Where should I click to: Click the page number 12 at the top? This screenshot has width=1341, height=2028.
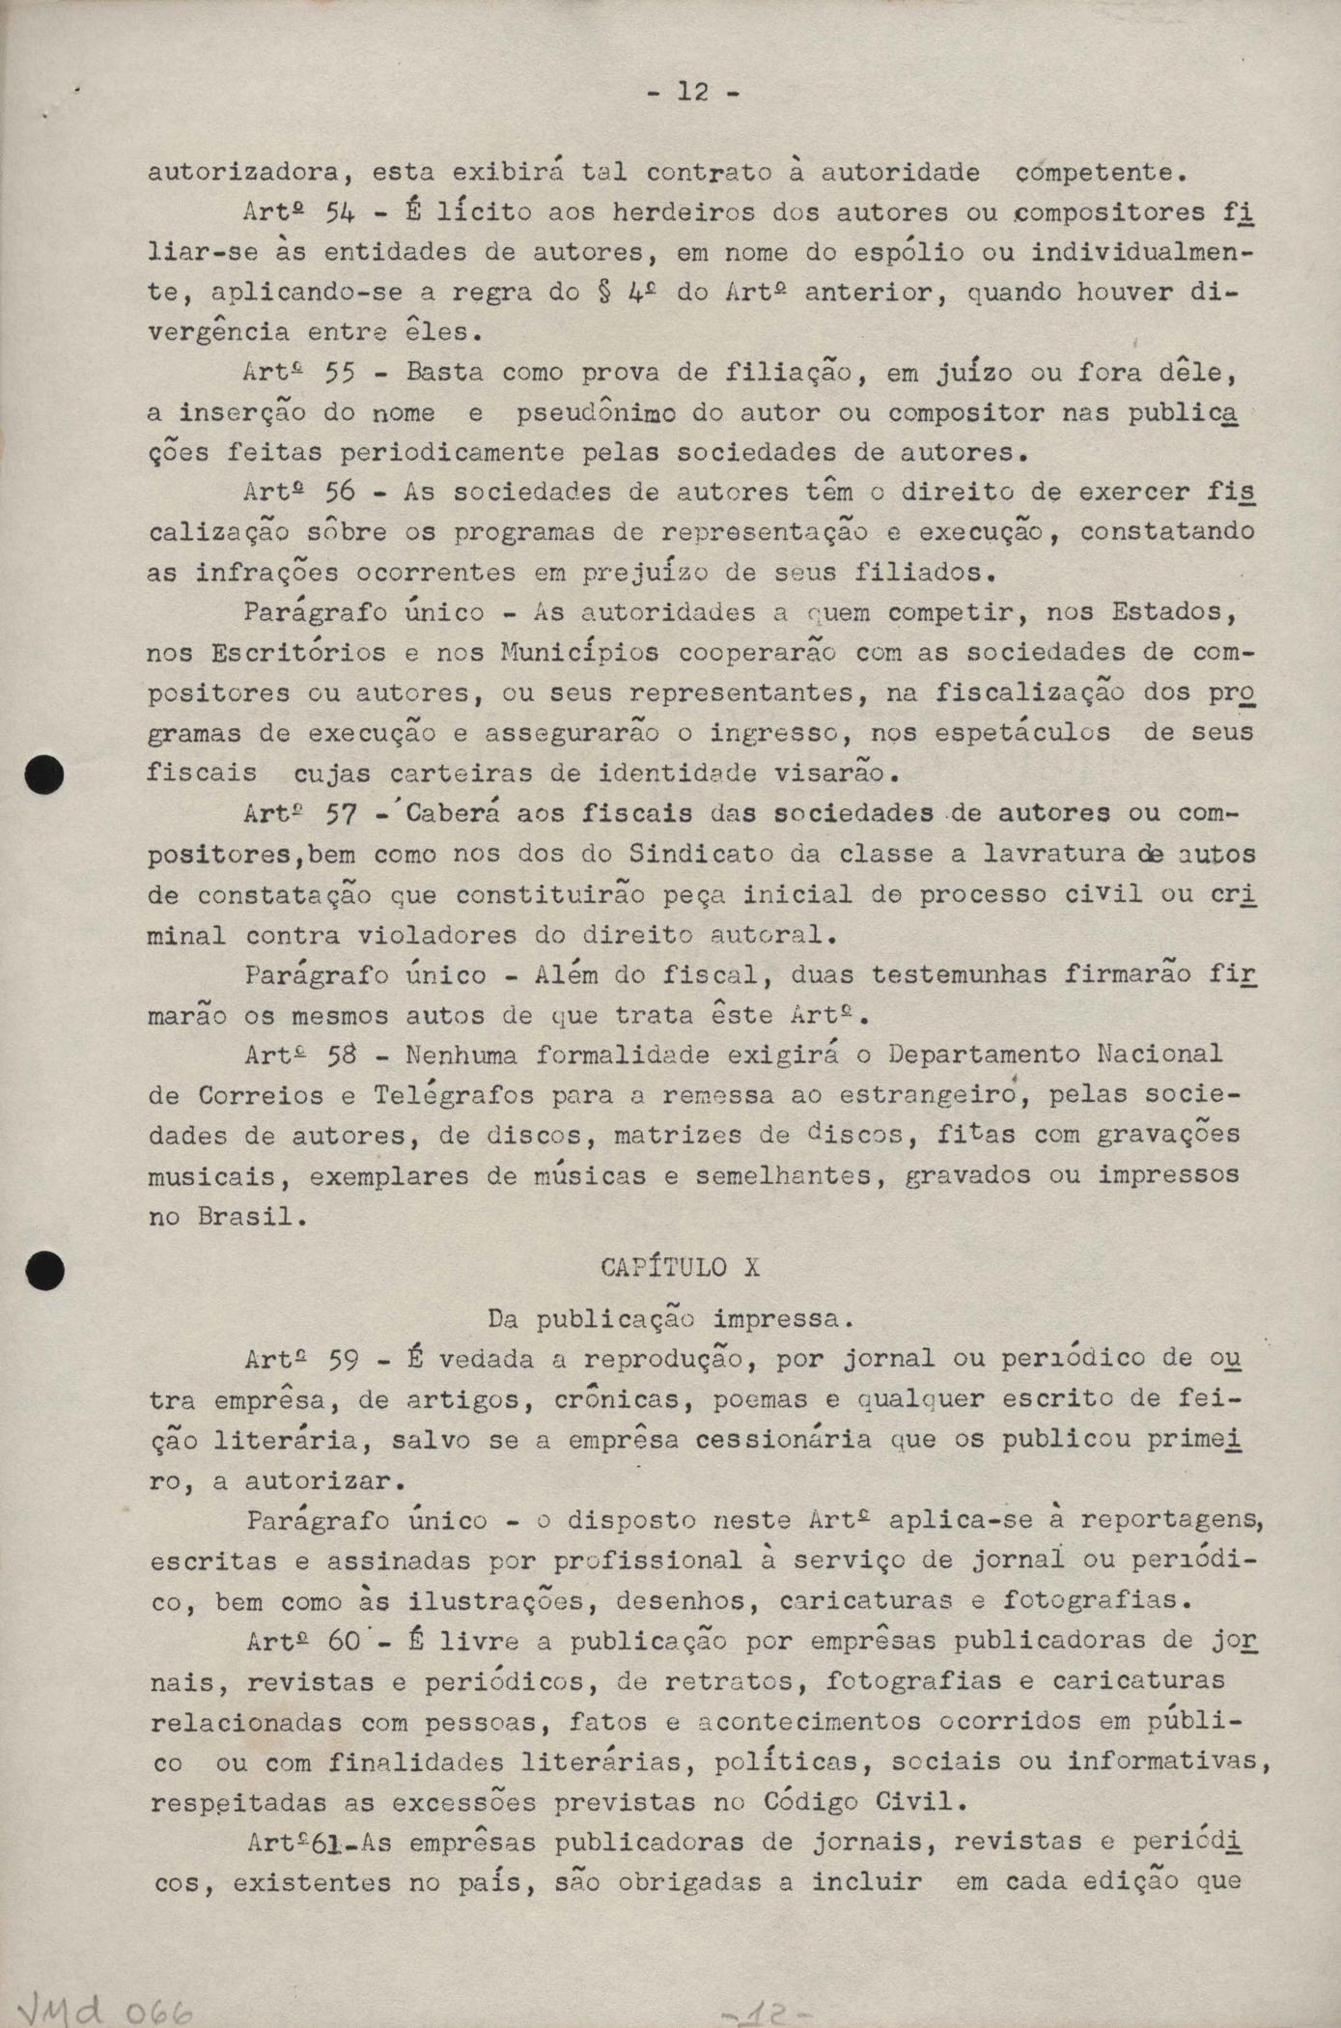click(692, 93)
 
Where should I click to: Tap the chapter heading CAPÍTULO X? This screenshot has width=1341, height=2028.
click(680, 1266)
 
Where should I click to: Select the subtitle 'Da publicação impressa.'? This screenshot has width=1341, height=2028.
click(664, 1317)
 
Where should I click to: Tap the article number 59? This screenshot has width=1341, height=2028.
click(344, 1360)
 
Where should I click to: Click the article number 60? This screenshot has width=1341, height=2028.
click(344, 1641)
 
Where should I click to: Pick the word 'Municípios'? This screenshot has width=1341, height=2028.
click(580, 653)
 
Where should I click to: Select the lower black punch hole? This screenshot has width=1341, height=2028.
click(45, 1269)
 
